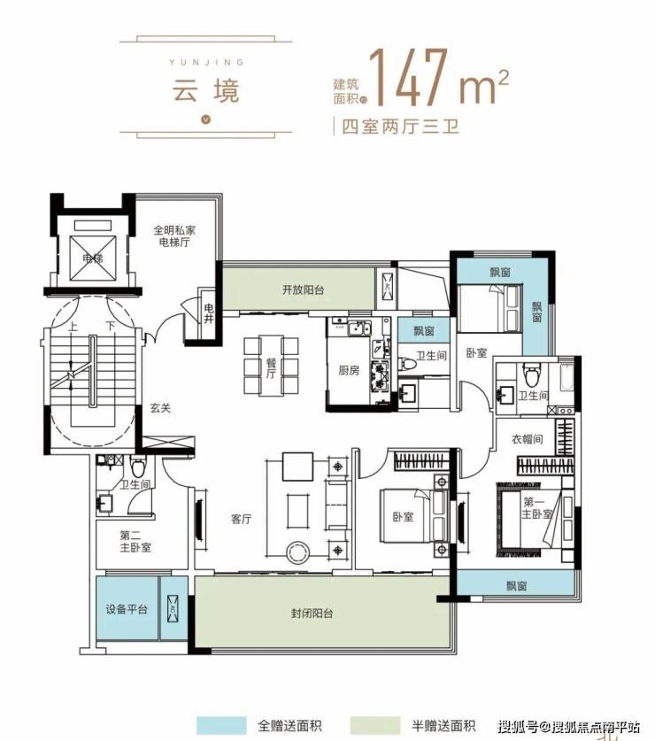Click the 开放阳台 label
(x=303, y=289)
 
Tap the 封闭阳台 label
(x=312, y=614)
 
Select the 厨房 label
(x=349, y=370)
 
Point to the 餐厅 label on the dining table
(x=271, y=367)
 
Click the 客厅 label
(x=241, y=519)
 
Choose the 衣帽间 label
(x=528, y=439)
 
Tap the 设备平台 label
(x=127, y=609)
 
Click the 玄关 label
(x=160, y=408)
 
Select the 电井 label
(x=208, y=313)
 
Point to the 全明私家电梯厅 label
(x=174, y=236)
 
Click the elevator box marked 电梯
(x=93, y=258)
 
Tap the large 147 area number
(x=408, y=77)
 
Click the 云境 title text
(x=206, y=90)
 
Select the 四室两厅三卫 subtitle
(x=400, y=127)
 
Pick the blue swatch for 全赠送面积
(x=221, y=725)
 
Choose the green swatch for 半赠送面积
(x=375, y=725)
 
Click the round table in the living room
(x=298, y=551)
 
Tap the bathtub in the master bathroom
(x=566, y=376)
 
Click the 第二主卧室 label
(x=135, y=542)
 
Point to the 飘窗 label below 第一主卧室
(x=517, y=586)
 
